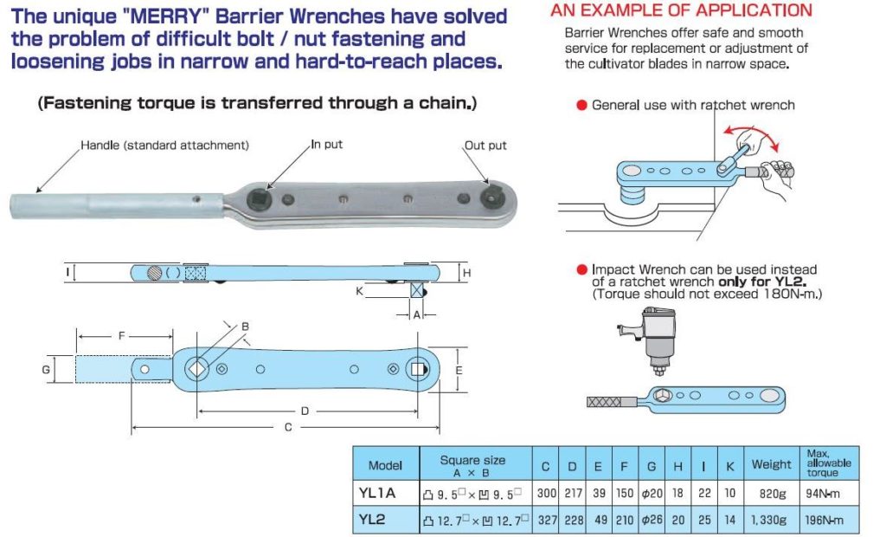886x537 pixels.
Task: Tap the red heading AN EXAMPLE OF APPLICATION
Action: [681, 10]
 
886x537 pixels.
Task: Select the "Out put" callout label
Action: [485, 145]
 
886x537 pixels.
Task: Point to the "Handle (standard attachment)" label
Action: [165, 145]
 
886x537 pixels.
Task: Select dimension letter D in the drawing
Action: [305, 409]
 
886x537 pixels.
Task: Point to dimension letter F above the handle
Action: [122, 333]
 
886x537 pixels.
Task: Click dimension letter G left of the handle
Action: [45, 370]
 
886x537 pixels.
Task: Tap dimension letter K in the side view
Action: [359, 292]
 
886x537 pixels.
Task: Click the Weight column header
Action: [771, 464]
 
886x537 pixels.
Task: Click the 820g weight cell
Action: [771, 495]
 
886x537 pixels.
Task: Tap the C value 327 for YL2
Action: [545, 520]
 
